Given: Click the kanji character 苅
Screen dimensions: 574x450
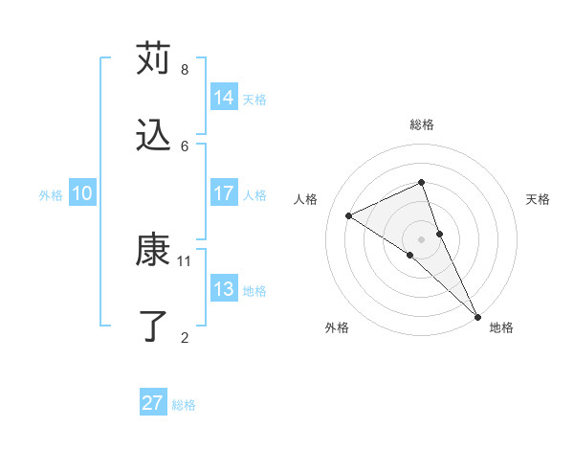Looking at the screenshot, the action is click(x=153, y=58).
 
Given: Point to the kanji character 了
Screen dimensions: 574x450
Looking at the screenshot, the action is click(x=153, y=326).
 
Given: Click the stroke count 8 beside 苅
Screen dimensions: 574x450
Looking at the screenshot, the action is click(x=185, y=70).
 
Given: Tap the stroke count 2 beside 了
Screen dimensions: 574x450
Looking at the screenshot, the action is click(x=185, y=337).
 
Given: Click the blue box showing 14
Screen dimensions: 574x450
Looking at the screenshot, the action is click(x=224, y=98).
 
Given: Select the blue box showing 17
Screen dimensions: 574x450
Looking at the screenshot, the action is click(x=224, y=193).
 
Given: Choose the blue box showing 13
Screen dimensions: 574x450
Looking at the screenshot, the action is click(x=224, y=289).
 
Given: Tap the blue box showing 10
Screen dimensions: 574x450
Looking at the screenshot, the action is click(x=81, y=193).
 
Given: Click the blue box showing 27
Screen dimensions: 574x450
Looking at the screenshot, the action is click(x=153, y=403).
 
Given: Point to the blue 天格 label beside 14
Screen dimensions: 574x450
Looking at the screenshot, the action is click(x=254, y=100).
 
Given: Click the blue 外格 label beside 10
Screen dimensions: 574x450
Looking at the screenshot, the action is click(x=51, y=195).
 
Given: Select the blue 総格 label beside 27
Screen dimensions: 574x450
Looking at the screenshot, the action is click(x=184, y=405).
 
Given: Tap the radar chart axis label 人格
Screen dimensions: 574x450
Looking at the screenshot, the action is click(x=306, y=199).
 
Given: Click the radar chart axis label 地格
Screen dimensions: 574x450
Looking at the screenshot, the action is click(x=501, y=327).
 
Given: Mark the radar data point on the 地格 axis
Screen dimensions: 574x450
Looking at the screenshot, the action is click(x=476, y=315).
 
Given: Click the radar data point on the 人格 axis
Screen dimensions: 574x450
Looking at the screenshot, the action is click(x=349, y=215).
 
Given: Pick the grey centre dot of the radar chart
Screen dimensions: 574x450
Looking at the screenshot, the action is click(x=421, y=238).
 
